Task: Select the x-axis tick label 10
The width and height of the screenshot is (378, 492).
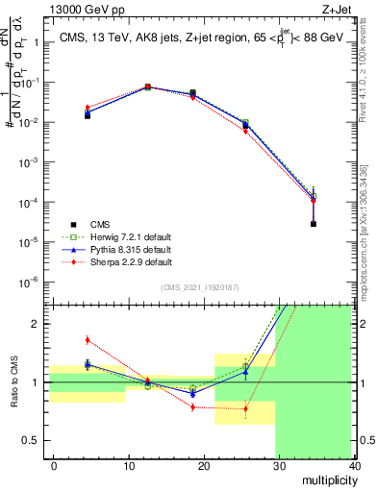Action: coord(128,464)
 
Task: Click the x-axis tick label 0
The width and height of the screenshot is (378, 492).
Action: coord(54,464)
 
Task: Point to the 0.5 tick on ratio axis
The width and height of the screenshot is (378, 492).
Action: coord(29,440)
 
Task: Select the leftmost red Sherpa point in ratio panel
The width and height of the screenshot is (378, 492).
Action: coord(88,339)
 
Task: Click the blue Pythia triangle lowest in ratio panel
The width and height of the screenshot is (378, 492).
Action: coord(193,393)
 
